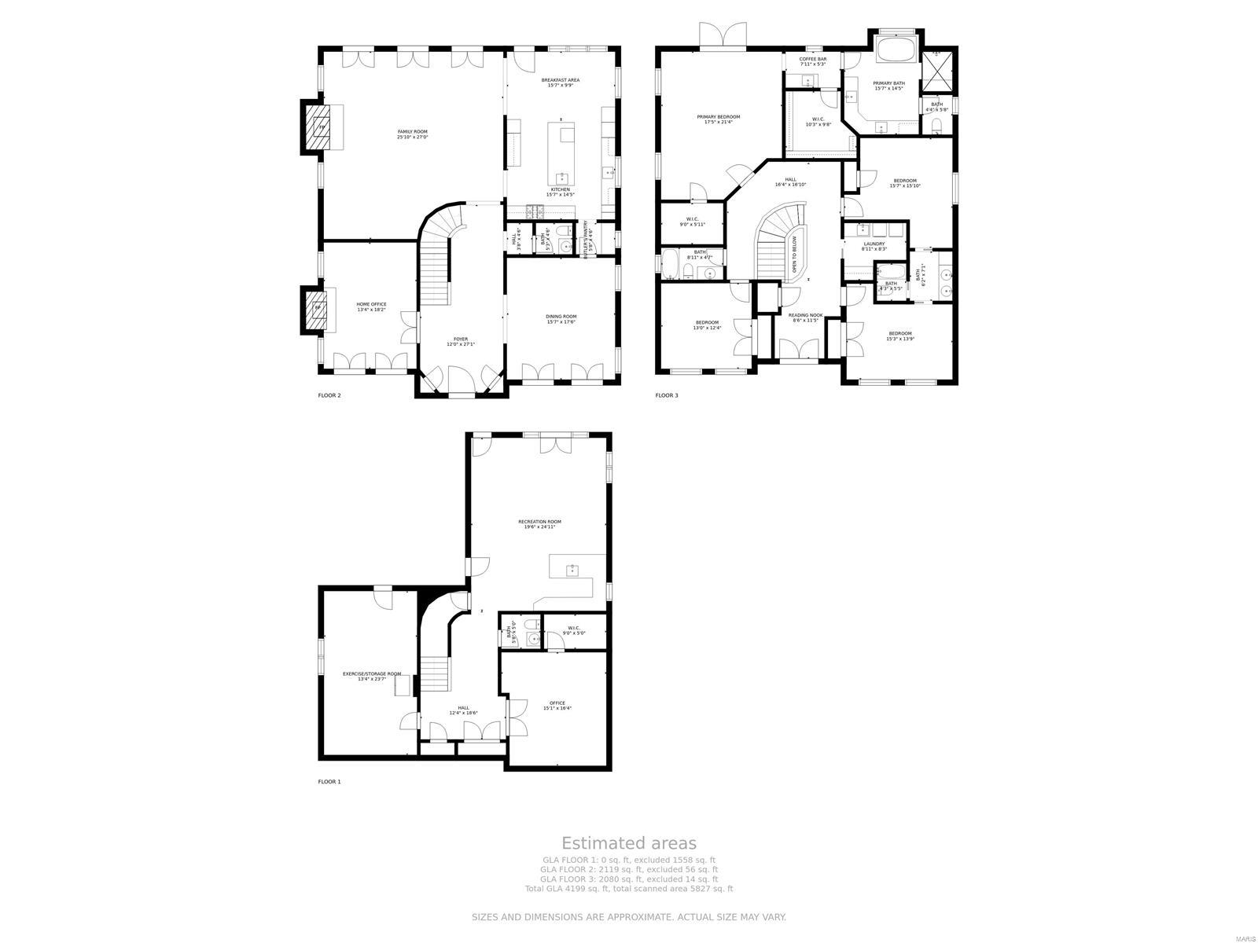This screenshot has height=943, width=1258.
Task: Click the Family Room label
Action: [x=412, y=134]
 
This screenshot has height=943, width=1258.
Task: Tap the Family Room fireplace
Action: [x=321, y=126]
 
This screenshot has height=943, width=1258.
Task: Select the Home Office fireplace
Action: [x=319, y=307]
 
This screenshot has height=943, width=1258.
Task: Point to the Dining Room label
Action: [x=561, y=319]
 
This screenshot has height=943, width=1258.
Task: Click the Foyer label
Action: [x=461, y=341]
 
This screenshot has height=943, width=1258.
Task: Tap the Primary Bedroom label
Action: [x=718, y=119]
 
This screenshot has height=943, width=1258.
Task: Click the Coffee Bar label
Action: [x=812, y=61]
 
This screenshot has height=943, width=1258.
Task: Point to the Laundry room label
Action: [x=874, y=246]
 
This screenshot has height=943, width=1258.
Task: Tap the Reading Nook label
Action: [x=805, y=317]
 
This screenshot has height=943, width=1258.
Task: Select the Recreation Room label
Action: [x=539, y=524]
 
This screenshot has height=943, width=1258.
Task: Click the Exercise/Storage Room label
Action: [x=371, y=676]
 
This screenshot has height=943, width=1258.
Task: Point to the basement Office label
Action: [x=557, y=706]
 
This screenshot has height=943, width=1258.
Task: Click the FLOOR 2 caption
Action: [x=329, y=395]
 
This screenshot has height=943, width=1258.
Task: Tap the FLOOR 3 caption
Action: [x=666, y=395]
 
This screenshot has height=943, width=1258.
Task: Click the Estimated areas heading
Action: [x=628, y=844]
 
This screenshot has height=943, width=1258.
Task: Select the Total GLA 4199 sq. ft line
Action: [x=628, y=889]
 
